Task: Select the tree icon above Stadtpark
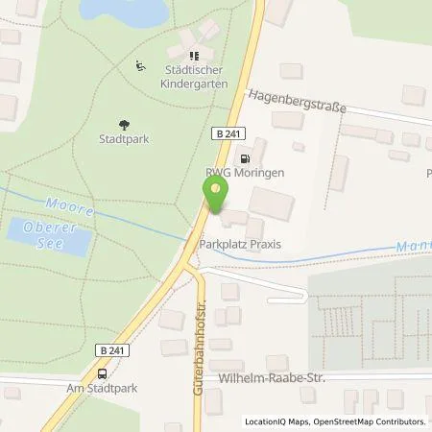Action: (123, 123)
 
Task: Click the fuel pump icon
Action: (246, 158)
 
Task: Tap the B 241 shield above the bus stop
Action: (110, 351)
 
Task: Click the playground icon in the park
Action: (140, 66)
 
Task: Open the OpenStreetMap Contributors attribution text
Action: (373, 422)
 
